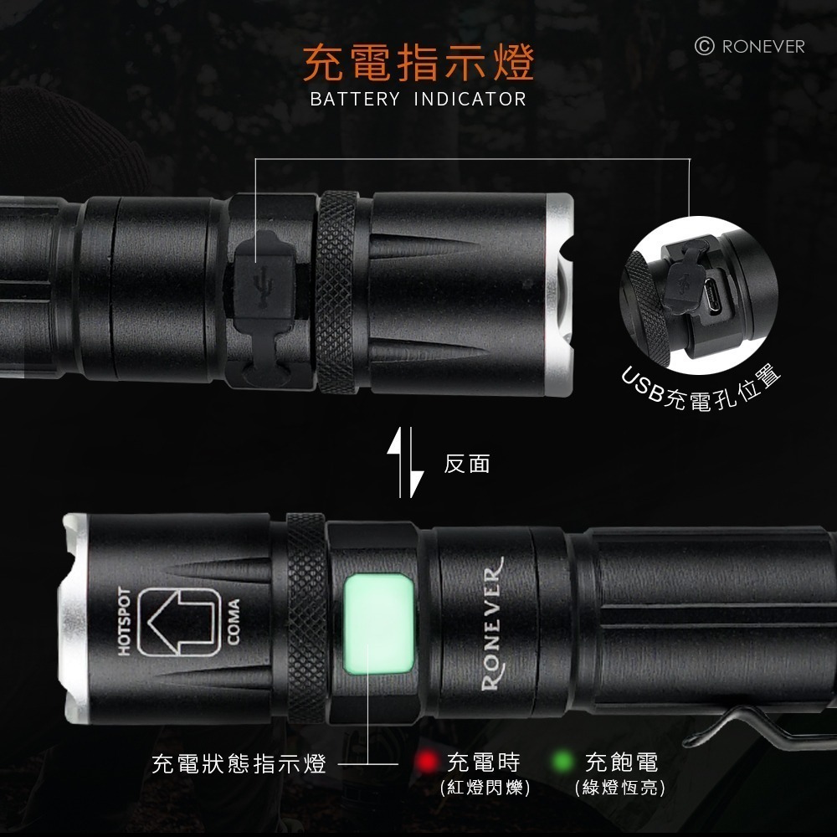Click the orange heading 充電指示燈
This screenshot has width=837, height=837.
(x=418, y=63)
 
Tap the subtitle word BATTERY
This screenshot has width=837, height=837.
(x=355, y=100)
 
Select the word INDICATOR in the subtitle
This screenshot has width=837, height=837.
(x=470, y=100)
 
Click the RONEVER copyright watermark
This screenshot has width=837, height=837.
(x=750, y=46)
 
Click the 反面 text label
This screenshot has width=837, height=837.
(x=466, y=464)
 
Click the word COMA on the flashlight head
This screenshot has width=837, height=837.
(x=234, y=622)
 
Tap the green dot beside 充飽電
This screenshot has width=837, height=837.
(x=564, y=762)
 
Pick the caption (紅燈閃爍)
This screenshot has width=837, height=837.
(x=485, y=788)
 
